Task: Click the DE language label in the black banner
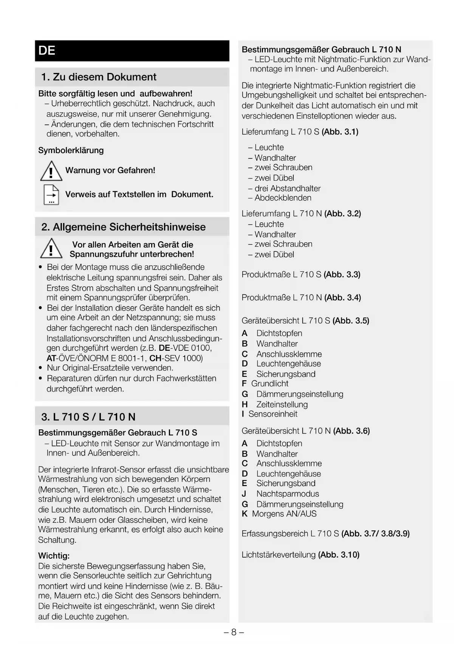(x=47, y=51)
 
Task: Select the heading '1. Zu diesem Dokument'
(x=99, y=77)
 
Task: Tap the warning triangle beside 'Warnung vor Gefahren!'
(x=51, y=171)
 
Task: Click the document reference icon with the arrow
(x=51, y=195)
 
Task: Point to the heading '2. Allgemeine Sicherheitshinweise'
(x=124, y=227)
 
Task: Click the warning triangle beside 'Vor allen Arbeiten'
(x=51, y=249)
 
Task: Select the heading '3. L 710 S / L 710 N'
(x=88, y=417)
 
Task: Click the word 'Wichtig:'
(x=54, y=556)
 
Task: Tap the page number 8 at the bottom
(x=234, y=632)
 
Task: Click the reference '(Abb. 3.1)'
(x=340, y=132)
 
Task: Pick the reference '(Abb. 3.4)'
(x=342, y=298)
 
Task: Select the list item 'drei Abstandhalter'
(x=287, y=188)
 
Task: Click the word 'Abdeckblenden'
(x=283, y=198)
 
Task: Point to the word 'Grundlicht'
(x=269, y=384)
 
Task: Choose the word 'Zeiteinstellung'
(x=282, y=404)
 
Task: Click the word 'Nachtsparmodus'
(x=288, y=494)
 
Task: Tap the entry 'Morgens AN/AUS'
(x=284, y=514)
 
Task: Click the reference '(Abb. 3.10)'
(x=339, y=555)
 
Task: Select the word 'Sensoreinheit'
(x=273, y=414)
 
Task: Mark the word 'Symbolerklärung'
(x=71, y=150)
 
